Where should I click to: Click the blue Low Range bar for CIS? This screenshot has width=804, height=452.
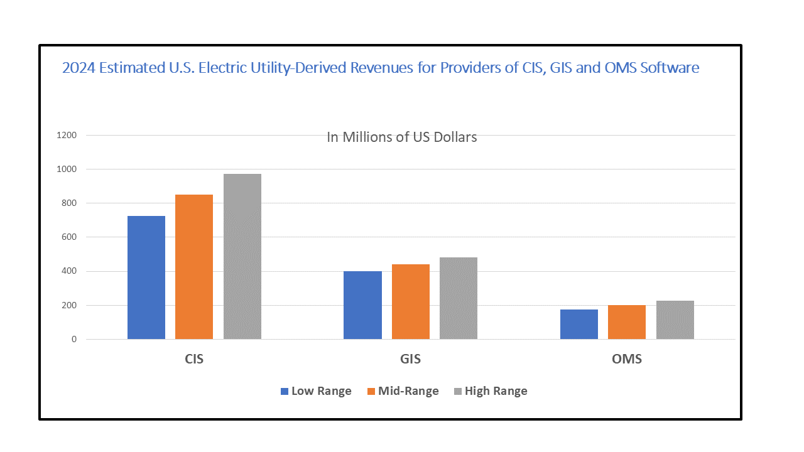pyautogui.click(x=146, y=277)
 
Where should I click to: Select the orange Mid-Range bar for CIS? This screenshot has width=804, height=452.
pyautogui.click(x=194, y=267)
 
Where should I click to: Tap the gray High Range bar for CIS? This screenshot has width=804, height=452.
pyautogui.click(x=242, y=256)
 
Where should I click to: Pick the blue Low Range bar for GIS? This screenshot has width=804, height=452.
pyautogui.click(x=362, y=305)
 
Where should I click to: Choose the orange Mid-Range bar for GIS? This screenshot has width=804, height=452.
pyautogui.click(x=411, y=302)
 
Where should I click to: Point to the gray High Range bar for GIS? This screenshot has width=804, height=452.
pyautogui.click(x=459, y=298)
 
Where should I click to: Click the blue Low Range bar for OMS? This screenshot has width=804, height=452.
pyautogui.click(x=579, y=324)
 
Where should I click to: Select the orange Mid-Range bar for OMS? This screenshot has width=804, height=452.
pyautogui.click(x=627, y=322)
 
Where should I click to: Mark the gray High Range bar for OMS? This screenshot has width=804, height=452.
pyautogui.click(x=675, y=320)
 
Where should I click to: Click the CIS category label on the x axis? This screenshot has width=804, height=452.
pyautogui.click(x=195, y=360)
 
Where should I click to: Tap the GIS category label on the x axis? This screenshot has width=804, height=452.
pyautogui.click(x=411, y=360)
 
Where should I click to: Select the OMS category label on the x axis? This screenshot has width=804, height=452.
pyautogui.click(x=627, y=360)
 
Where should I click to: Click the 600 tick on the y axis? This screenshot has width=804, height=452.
pyautogui.click(x=68, y=237)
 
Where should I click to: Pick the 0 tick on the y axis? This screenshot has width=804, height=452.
pyautogui.click(x=73, y=340)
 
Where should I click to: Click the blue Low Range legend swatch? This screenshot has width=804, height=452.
pyautogui.click(x=284, y=391)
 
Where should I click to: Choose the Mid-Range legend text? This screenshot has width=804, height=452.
pyautogui.click(x=408, y=391)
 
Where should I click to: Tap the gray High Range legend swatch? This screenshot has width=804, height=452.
pyautogui.click(x=458, y=391)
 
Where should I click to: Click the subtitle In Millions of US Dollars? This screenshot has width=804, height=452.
pyautogui.click(x=402, y=137)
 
